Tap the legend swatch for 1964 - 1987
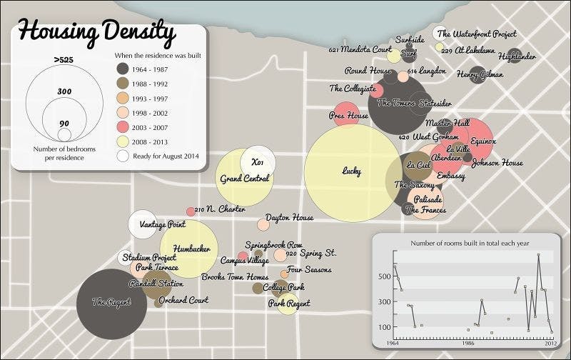(x=123, y=69)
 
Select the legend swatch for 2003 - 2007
(x=123, y=126)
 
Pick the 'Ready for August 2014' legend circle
(x=123, y=154)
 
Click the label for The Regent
(x=108, y=302)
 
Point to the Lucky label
(x=352, y=171)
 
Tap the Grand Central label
(x=244, y=178)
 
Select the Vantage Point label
(x=163, y=224)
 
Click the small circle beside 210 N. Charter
(x=191, y=211)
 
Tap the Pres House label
(x=348, y=116)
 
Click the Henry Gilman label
(x=480, y=74)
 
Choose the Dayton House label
(x=289, y=217)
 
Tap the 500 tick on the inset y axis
(x=384, y=276)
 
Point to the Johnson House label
(x=497, y=163)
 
